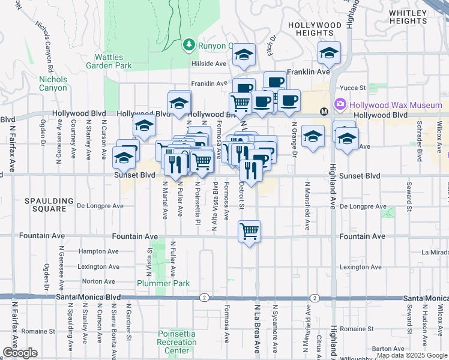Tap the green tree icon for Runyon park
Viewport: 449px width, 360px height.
point(188,45)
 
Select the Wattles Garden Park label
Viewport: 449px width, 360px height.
point(109,61)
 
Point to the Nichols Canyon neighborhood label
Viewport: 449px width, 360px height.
point(53,83)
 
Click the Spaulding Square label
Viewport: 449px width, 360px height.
point(49,205)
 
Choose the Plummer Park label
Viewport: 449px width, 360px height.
point(163,283)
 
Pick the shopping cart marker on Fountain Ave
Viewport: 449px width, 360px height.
point(249,230)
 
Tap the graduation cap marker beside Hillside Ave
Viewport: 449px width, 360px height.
point(244,55)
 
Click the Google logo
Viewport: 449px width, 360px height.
point(19,353)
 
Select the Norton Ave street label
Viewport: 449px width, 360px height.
point(98,281)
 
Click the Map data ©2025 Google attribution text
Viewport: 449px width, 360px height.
point(411,355)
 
